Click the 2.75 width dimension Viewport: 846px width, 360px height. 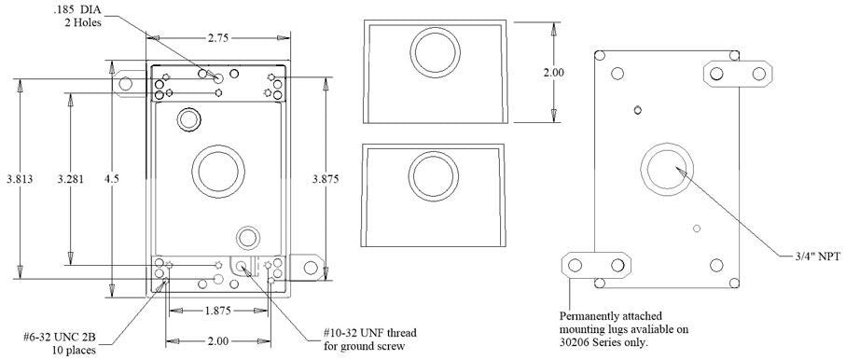(x=218, y=38)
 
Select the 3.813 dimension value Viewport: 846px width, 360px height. (x=20, y=180)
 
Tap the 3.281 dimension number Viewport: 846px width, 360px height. (x=71, y=180)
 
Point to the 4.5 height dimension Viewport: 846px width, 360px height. (x=112, y=180)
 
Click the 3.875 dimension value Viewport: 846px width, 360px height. (x=326, y=180)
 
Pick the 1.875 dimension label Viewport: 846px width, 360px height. (x=218, y=311)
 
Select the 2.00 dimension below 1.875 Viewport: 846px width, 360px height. (x=218, y=341)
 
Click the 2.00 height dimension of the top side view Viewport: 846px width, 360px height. (x=555, y=73)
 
